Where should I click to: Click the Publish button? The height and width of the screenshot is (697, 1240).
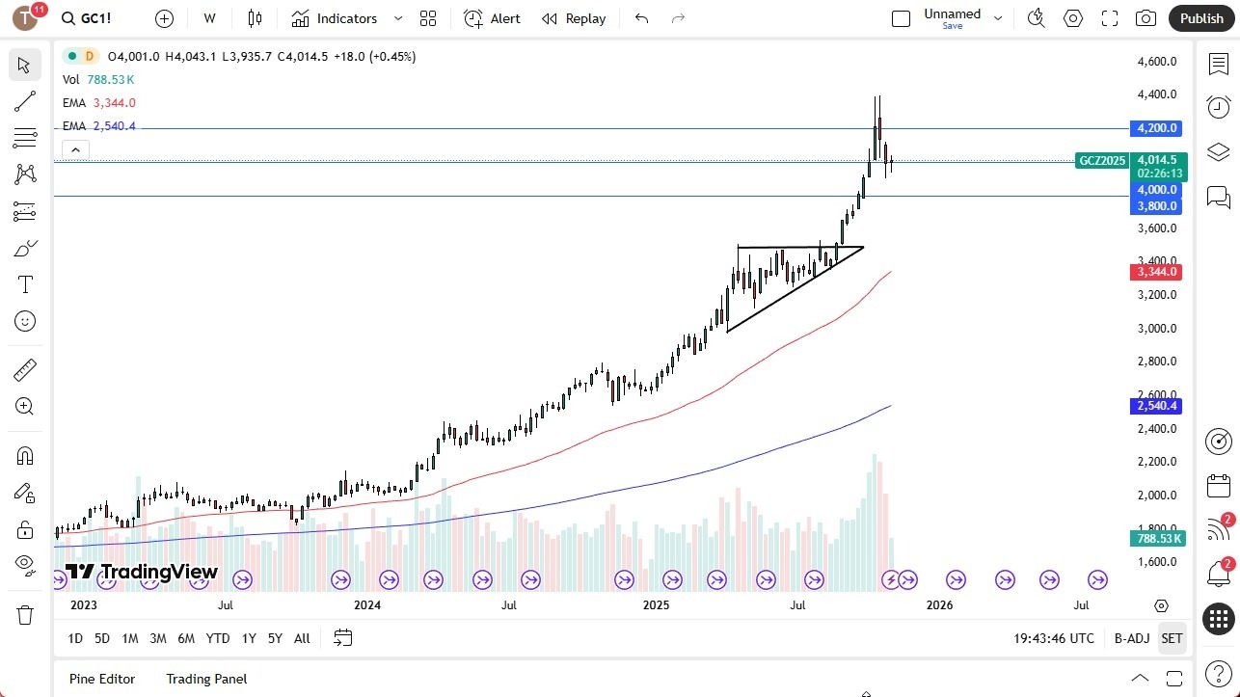[1200, 18]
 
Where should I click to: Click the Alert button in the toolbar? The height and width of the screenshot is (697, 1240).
[492, 18]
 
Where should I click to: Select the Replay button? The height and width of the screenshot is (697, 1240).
[574, 18]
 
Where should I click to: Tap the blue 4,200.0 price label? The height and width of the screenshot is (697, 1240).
[1157, 128]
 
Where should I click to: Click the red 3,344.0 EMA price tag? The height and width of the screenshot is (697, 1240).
[1157, 272]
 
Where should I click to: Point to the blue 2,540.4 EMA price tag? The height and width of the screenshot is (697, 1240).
[1157, 406]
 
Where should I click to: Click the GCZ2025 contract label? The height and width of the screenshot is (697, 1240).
[1102, 161]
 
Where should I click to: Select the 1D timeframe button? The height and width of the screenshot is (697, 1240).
[75, 638]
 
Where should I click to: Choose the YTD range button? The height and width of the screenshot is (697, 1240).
[218, 638]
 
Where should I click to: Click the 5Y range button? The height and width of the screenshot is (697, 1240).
[275, 638]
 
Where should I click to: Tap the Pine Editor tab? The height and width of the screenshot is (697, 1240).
[102, 679]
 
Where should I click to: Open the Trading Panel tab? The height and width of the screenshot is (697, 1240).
[206, 679]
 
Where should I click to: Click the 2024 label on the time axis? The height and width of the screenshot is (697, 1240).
[367, 605]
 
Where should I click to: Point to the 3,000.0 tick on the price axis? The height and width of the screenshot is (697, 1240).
[1157, 328]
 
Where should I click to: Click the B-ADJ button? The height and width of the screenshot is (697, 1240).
[1131, 638]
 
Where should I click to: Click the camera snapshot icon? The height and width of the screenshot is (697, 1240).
[1146, 18]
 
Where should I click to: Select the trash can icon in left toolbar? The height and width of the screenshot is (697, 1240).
[25, 614]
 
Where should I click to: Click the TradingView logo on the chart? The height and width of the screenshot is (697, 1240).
[142, 572]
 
